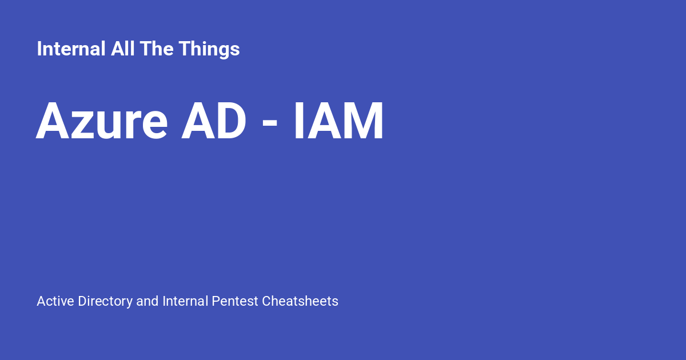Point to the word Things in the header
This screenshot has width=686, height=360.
pos(209,49)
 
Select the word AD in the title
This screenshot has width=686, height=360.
pos(214,122)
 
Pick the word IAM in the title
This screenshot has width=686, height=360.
pos(338,122)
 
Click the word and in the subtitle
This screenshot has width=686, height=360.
pos(147,301)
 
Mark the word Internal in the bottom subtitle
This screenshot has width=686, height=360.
pos(185,301)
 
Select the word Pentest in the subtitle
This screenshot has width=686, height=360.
pos(235,301)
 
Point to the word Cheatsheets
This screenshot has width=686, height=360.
pos(300,301)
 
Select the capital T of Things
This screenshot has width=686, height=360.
pos(184,49)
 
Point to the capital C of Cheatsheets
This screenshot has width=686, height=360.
pos(266,301)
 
